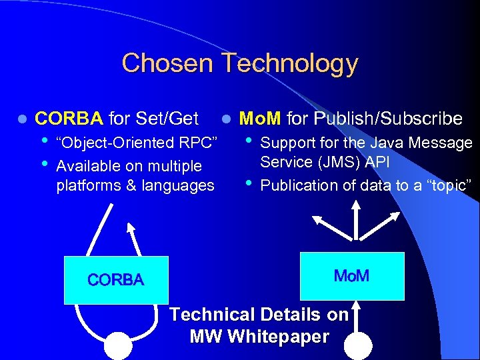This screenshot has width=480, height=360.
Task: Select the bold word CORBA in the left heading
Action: tap(69, 119)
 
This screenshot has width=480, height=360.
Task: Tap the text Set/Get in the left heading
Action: tap(167, 119)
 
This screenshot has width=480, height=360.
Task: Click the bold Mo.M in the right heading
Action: tap(260, 119)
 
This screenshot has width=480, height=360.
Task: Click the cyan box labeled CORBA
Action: tap(115, 279)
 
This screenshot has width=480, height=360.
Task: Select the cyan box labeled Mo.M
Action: tap(352, 275)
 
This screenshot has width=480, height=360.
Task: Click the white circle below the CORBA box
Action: tap(119, 346)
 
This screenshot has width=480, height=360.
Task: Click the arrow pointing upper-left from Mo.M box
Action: tap(327, 221)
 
